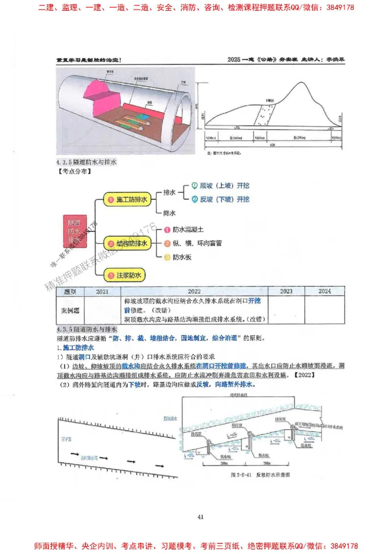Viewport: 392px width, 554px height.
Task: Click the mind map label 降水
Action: click(169, 213)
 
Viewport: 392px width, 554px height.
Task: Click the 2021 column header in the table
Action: click(102, 291)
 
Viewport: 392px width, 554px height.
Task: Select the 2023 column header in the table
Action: click(286, 291)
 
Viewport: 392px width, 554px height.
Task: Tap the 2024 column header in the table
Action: click(324, 291)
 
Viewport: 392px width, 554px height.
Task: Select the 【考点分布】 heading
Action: click(74, 171)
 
